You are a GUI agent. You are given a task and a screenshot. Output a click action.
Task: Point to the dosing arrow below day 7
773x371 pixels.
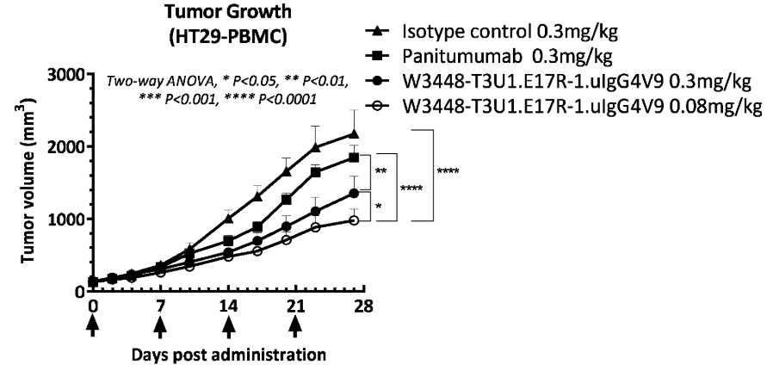(x=159, y=328)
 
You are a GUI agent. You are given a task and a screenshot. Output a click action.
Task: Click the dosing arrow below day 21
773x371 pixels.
(x=295, y=328)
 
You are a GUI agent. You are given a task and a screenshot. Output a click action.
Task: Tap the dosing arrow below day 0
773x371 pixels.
(x=91, y=328)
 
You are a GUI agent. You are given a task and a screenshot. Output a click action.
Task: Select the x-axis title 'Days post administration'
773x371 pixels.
(x=229, y=354)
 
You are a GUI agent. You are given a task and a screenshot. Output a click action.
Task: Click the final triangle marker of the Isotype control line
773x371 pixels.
(x=354, y=133)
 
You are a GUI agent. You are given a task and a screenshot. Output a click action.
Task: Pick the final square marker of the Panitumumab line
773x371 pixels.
(x=354, y=157)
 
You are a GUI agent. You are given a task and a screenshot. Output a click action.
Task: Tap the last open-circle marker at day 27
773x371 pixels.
(x=354, y=220)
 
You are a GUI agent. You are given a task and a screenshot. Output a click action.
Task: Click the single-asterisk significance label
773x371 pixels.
(x=378, y=207)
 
